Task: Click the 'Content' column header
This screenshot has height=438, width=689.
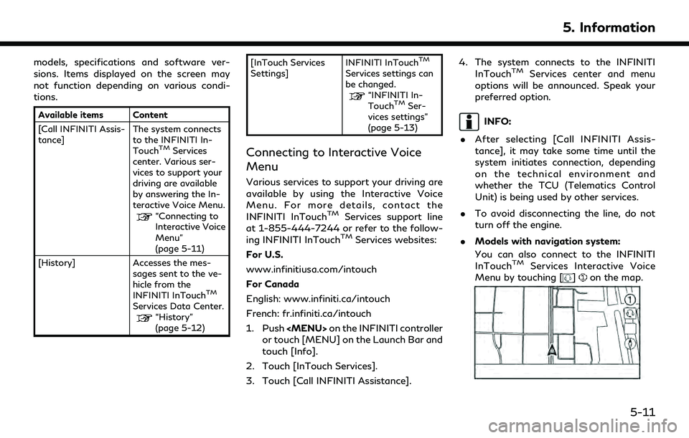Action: (x=148, y=115)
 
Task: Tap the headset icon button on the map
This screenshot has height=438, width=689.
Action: (x=629, y=313)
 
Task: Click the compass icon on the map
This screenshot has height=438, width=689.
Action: (x=629, y=343)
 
